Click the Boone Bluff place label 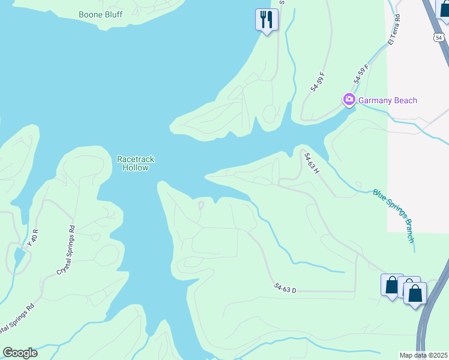click(x=101, y=14)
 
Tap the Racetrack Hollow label click(x=136, y=163)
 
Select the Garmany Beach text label click(x=388, y=100)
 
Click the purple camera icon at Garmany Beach click(x=349, y=100)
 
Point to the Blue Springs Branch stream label click(x=394, y=215)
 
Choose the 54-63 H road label click(x=312, y=163)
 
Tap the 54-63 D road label click(x=285, y=290)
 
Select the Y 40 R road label click(x=33, y=238)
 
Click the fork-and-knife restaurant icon click(x=265, y=20)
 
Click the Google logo click(x=20, y=353)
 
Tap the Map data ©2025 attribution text click(x=424, y=355)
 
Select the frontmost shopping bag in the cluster click(x=415, y=293)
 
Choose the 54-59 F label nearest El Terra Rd click(x=361, y=74)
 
